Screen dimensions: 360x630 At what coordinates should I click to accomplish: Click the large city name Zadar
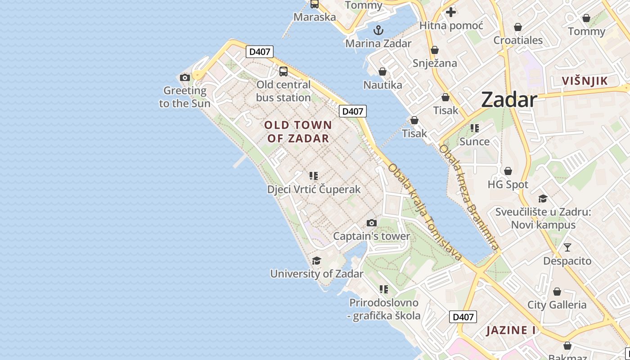(x=509, y=99)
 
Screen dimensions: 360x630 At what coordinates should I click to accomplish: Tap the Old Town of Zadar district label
(x=298, y=131)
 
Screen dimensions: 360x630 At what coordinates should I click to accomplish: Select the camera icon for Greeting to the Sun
(x=184, y=77)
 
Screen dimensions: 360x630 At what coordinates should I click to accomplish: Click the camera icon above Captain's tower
(x=371, y=223)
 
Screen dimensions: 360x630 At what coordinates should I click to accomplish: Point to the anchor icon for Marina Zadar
(x=378, y=31)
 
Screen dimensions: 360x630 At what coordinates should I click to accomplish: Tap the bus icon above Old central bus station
(x=283, y=71)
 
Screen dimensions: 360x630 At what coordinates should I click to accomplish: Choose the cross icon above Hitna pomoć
(x=451, y=12)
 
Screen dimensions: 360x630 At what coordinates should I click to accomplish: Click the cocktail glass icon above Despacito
(x=567, y=247)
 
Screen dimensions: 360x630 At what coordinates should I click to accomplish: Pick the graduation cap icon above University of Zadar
(x=316, y=261)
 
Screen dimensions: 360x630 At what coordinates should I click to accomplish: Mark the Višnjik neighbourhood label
(x=585, y=81)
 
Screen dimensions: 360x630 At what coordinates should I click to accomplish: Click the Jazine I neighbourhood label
(x=511, y=330)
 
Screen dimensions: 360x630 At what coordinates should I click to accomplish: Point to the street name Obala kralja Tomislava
(x=425, y=212)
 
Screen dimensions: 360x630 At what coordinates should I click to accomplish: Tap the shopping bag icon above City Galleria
(x=557, y=292)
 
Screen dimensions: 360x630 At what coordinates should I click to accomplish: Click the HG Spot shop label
(x=508, y=184)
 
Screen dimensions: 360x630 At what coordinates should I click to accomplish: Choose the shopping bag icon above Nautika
(x=382, y=72)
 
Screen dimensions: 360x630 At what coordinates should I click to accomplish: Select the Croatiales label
(x=518, y=40)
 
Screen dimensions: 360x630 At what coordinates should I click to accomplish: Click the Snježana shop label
(x=435, y=63)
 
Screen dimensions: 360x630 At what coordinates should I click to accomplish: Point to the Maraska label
(x=315, y=17)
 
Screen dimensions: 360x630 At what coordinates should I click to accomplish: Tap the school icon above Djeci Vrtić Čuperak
(x=314, y=176)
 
